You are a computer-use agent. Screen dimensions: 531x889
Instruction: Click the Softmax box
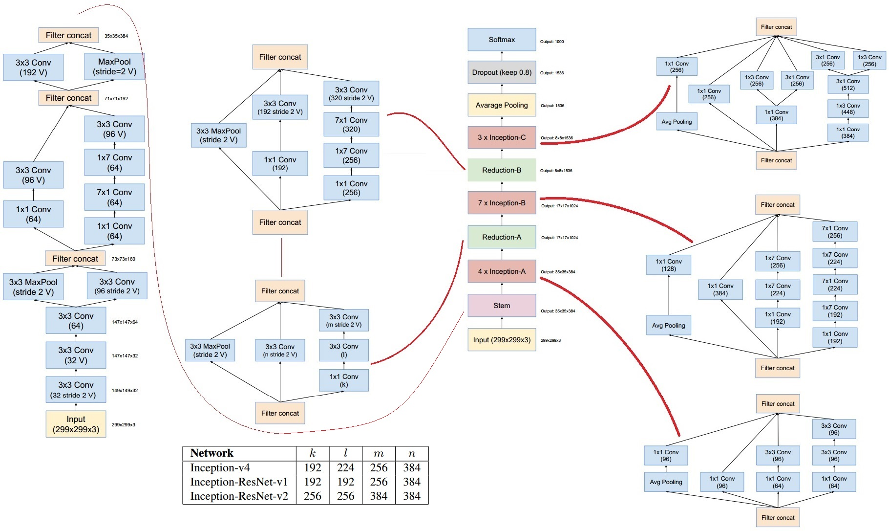(x=502, y=40)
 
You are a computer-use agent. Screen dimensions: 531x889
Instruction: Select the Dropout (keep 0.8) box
(x=502, y=72)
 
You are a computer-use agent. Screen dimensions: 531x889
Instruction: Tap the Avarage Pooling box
(x=502, y=105)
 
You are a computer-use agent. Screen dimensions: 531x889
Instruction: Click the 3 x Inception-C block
(x=502, y=137)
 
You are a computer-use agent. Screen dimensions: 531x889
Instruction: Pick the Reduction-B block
(x=502, y=170)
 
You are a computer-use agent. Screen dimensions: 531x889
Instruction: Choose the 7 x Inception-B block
(x=502, y=203)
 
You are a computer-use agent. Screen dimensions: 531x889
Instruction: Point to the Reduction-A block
(x=502, y=237)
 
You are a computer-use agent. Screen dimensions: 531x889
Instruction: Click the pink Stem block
(x=502, y=306)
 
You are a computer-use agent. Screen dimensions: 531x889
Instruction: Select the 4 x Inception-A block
(x=502, y=271)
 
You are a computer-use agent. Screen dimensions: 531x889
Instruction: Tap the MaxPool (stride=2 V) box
(x=114, y=66)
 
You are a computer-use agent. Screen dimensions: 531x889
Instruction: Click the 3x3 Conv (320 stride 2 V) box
(x=351, y=94)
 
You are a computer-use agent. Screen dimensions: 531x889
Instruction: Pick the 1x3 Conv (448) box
(x=848, y=109)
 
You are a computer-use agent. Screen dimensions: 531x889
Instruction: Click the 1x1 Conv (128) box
(x=669, y=265)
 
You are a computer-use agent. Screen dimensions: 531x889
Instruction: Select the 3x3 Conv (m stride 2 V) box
(x=344, y=321)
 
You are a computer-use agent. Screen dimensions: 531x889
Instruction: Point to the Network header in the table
(x=212, y=453)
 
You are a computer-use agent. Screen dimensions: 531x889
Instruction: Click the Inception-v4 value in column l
(x=345, y=468)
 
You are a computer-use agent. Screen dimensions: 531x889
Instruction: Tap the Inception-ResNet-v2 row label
(x=239, y=496)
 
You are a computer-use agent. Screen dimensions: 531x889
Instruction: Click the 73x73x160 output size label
(x=124, y=259)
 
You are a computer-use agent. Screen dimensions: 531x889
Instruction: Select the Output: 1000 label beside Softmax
(x=552, y=42)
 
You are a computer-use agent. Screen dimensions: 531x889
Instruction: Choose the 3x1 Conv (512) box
(x=848, y=85)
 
